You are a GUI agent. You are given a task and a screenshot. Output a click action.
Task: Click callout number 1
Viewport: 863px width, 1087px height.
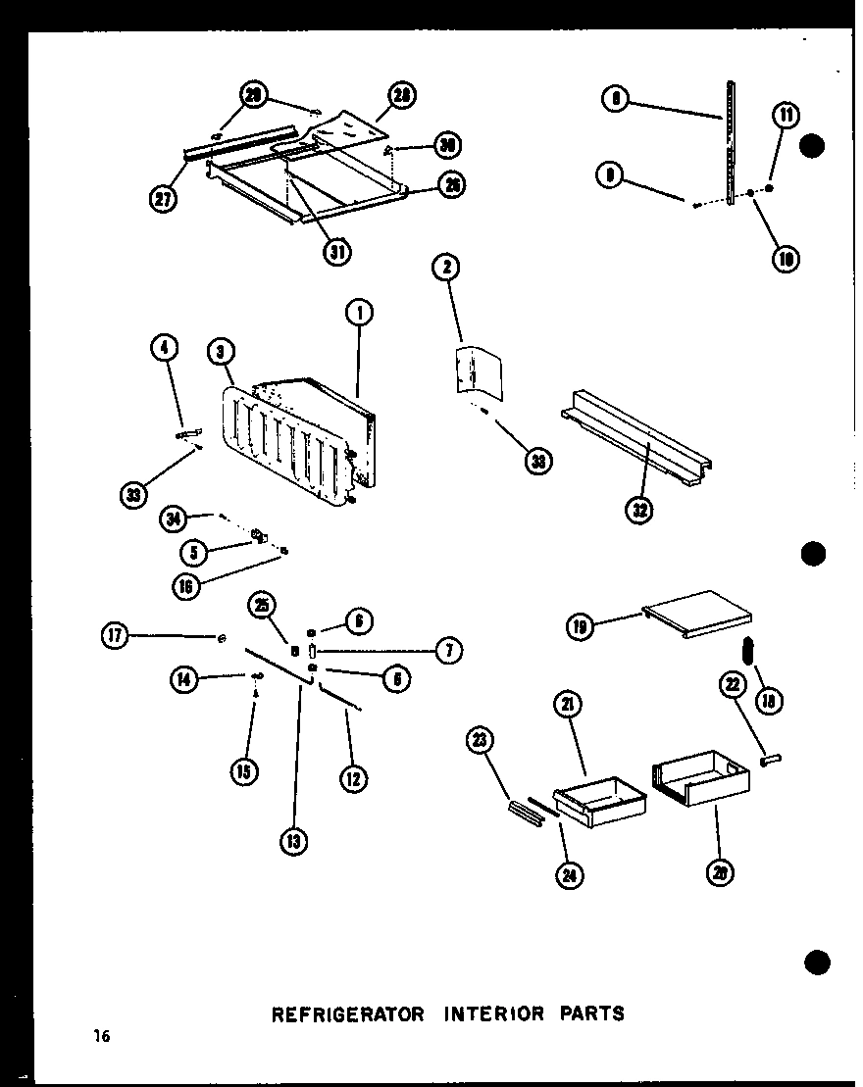click(360, 315)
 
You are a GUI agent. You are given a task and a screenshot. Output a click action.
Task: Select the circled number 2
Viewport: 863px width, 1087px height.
click(446, 267)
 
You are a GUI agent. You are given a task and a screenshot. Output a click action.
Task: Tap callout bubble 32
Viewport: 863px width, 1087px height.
click(639, 510)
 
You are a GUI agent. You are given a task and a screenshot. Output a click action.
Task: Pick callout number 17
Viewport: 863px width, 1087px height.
click(116, 637)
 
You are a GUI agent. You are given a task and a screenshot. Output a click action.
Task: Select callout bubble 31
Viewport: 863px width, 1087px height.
click(338, 251)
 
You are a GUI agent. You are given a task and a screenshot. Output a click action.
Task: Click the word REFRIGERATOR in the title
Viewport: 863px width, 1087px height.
click(347, 1013)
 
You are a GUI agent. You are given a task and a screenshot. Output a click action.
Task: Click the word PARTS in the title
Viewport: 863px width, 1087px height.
click(590, 1013)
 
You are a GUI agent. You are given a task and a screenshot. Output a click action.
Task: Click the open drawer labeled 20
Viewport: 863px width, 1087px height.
click(700, 779)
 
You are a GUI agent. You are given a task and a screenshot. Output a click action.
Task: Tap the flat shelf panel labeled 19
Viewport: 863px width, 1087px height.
click(698, 614)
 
